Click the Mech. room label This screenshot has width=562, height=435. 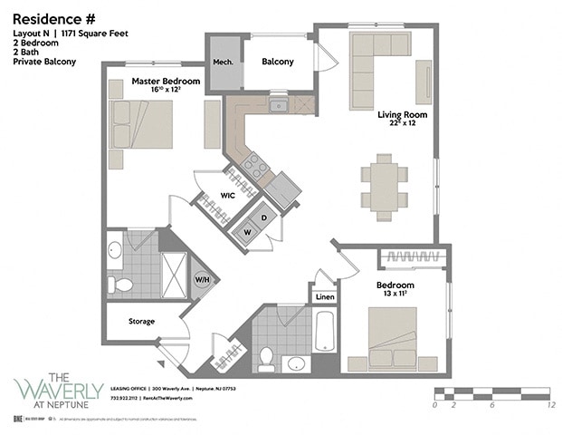tap(223, 62)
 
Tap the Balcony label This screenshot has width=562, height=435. tap(277, 62)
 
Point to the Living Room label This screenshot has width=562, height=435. tap(402, 115)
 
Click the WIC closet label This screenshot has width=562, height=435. tap(229, 195)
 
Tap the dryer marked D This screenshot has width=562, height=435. tap(263, 217)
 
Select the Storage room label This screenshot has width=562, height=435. tap(140, 321)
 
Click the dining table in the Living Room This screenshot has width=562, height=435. tap(385, 186)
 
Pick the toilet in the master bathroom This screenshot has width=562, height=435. tap(119, 285)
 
